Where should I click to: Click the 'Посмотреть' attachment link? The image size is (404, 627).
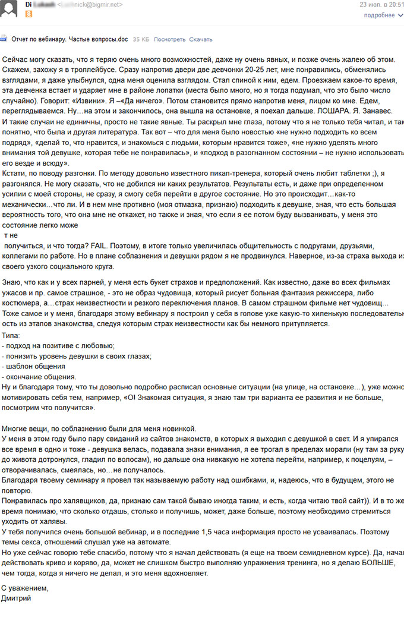point(169,39)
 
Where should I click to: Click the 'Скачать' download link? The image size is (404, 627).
point(201,39)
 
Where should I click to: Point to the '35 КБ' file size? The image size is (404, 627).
point(141,39)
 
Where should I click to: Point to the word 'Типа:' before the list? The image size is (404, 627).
point(11,336)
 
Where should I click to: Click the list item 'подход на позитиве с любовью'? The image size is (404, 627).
point(60,346)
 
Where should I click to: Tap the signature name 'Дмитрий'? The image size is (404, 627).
point(17,598)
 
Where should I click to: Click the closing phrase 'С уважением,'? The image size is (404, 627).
point(25,588)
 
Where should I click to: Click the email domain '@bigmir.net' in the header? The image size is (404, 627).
point(105,5)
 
